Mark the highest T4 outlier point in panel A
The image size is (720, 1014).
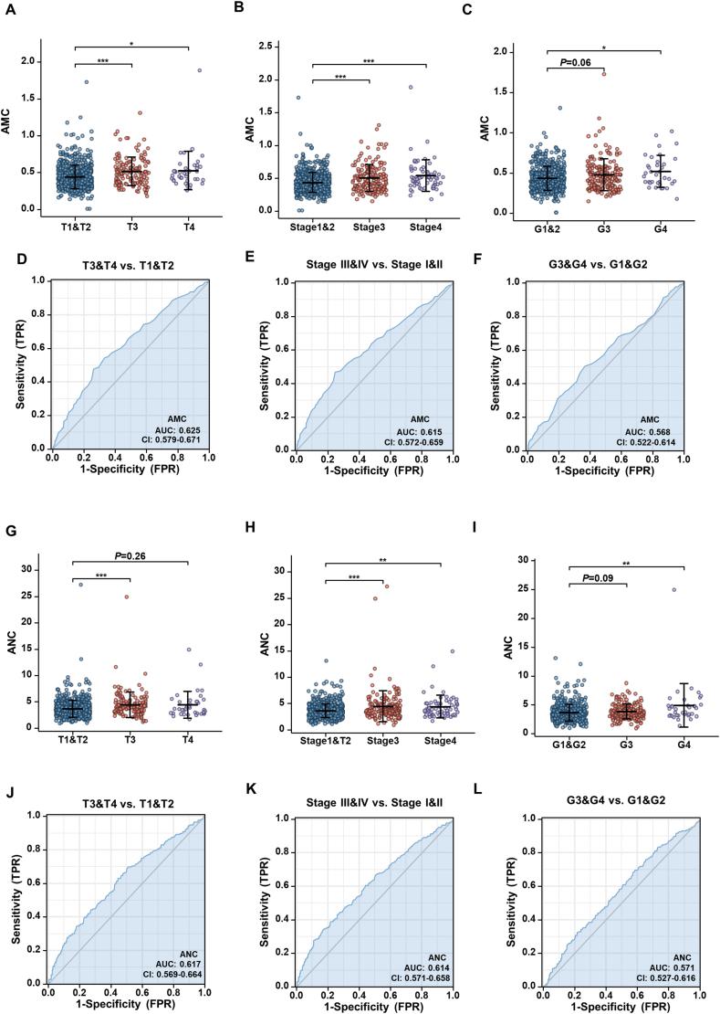click(x=198, y=69)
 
